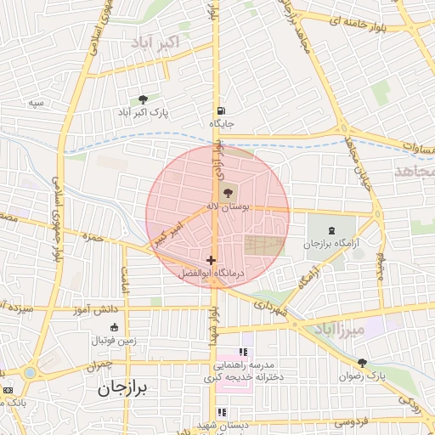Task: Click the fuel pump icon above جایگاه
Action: coord(221,110)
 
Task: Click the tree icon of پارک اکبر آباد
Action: coord(142,99)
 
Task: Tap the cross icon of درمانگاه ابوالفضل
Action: coord(211,260)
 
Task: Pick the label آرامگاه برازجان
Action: coord(327,244)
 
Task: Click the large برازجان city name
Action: coord(117,388)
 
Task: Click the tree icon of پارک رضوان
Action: coord(362,363)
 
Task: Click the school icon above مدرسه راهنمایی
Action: coord(242,352)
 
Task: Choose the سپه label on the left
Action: coord(35,103)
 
